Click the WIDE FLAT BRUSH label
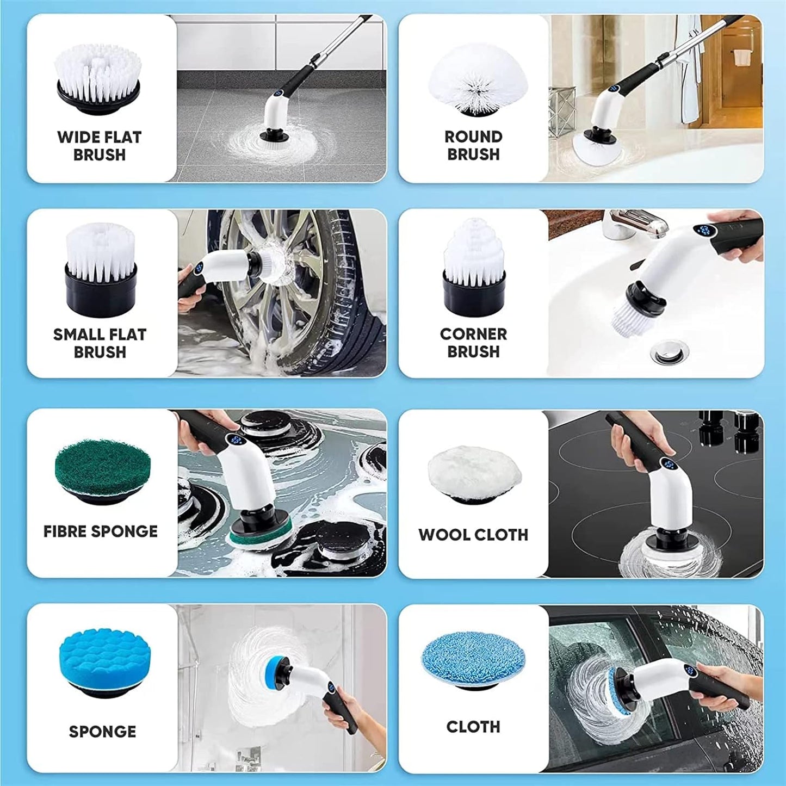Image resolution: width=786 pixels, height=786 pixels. point(100,146)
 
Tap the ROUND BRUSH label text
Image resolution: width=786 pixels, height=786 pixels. point(473,146)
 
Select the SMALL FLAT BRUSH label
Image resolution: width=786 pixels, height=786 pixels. point(100,343)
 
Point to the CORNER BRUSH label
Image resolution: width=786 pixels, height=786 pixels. point(473,343)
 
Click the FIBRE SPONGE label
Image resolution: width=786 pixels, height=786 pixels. point(100,531)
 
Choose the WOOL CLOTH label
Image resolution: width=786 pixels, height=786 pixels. point(473,535)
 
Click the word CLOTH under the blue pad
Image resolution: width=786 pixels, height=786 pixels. point(473,727)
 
